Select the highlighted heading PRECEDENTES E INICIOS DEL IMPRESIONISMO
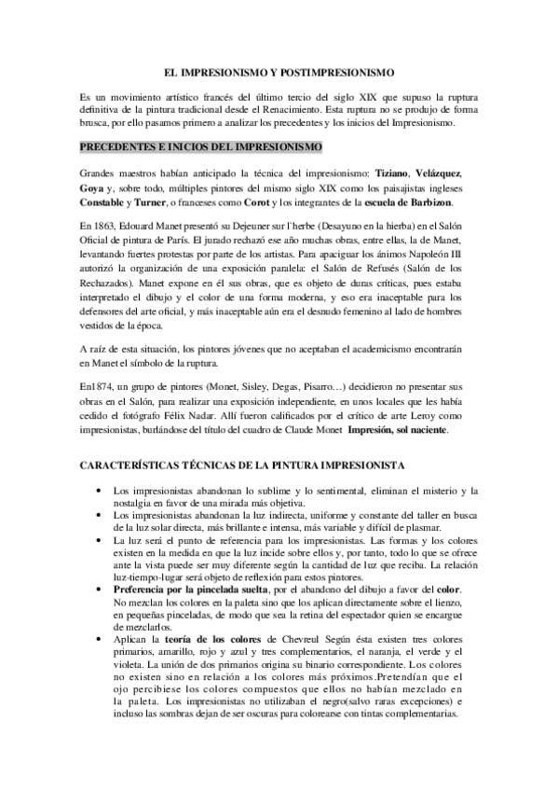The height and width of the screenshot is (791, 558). pos(201,147)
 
